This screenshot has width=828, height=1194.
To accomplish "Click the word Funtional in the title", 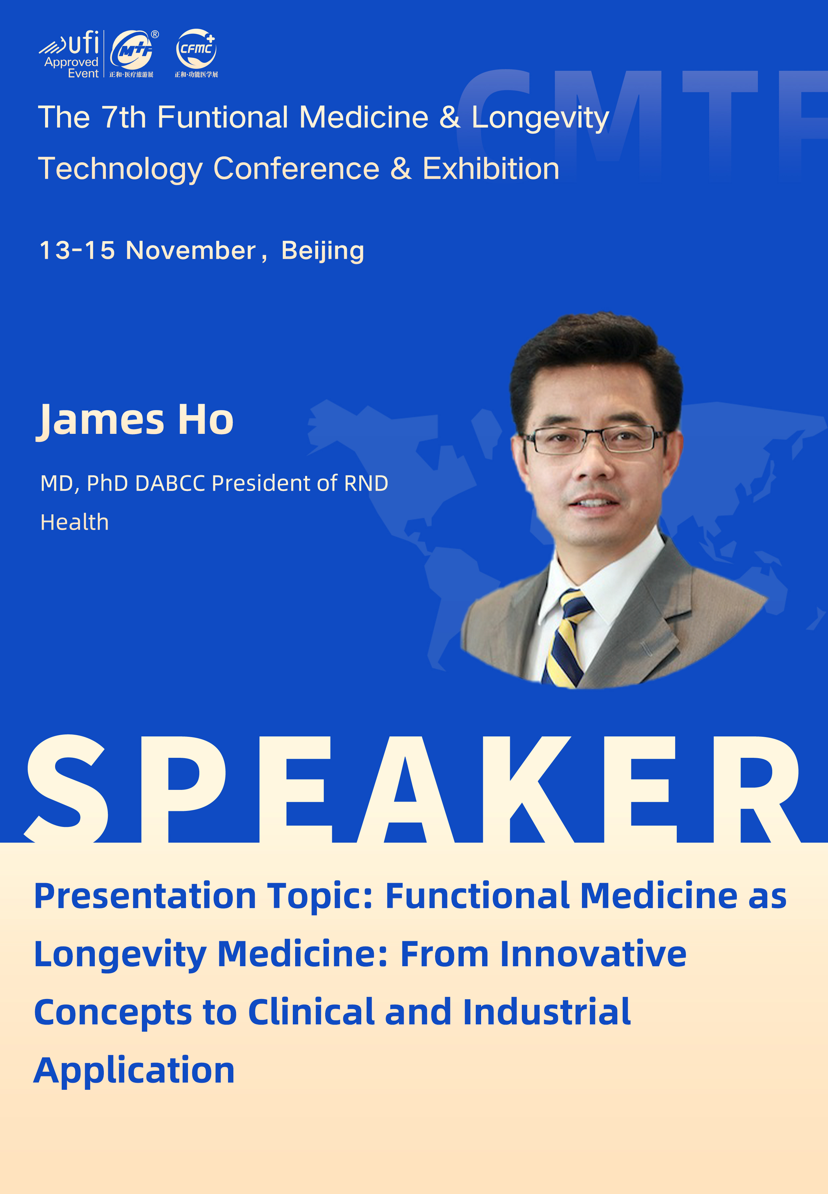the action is (x=223, y=117).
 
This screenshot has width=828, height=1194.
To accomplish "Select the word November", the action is (x=191, y=250).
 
